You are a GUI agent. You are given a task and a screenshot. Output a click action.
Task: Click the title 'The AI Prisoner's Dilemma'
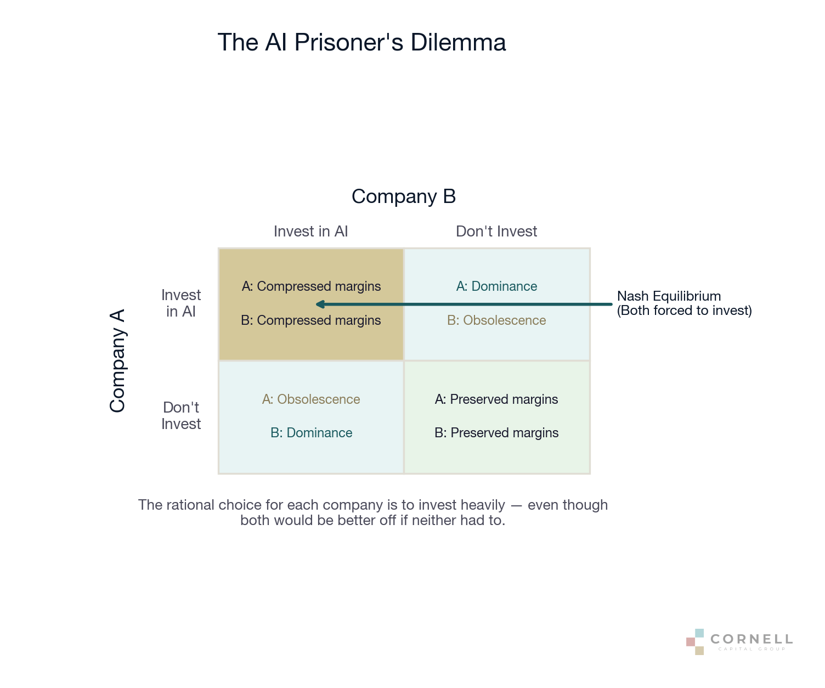(x=361, y=43)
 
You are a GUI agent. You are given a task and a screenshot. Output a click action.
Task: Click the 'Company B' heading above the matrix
(x=404, y=196)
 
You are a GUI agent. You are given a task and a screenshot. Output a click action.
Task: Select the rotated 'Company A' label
(x=117, y=360)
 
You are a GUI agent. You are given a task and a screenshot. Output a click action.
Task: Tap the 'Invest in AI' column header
(x=310, y=232)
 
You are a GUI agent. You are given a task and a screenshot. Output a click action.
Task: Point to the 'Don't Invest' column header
(x=496, y=232)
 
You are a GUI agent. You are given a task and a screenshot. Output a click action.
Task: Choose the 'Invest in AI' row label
(x=181, y=303)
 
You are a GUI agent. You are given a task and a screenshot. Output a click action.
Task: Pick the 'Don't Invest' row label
(x=181, y=416)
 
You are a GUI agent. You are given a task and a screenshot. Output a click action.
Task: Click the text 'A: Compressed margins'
(x=311, y=286)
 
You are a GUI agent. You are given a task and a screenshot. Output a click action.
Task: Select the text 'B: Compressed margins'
(x=311, y=320)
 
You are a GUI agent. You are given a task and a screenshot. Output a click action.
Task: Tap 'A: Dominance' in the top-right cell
(x=496, y=286)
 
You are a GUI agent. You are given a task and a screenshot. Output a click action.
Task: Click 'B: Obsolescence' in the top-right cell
(x=496, y=320)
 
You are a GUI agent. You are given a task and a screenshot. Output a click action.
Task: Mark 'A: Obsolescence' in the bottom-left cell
(x=311, y=399)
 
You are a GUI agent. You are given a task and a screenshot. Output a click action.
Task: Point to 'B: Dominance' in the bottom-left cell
(x=311, y=433)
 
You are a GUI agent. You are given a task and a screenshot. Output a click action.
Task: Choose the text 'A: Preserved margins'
(x=496, y=399)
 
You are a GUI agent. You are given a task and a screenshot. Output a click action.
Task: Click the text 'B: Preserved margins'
(x=496, y=433)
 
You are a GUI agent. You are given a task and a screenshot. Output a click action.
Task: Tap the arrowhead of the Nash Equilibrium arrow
(x=320, y=304)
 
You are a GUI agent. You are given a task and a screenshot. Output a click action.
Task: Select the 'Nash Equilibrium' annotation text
(x=669, y=296)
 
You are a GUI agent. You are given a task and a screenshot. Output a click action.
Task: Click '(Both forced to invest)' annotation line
(x=684, y=311)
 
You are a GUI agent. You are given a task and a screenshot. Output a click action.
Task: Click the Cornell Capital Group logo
(x=739, y=641)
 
